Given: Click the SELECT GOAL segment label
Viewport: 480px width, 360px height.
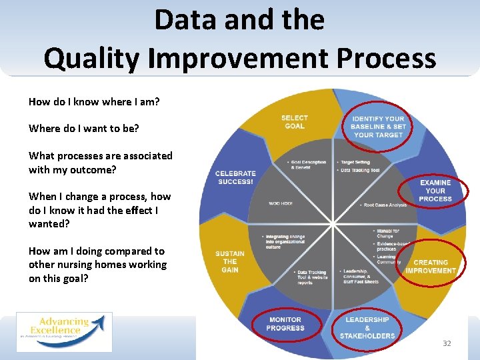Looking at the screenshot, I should [294, 122].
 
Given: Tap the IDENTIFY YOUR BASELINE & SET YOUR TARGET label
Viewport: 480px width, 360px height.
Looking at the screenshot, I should [378, 127].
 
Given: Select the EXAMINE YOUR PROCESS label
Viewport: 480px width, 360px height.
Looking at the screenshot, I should [435, 191].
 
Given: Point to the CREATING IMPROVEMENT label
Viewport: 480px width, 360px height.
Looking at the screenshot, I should [431, 267].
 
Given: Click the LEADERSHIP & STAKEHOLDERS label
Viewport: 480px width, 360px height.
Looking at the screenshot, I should [367, 327].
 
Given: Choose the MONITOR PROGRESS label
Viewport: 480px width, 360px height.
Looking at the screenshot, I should [285, 324].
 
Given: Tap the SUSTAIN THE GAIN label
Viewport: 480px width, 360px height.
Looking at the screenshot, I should [230, 261].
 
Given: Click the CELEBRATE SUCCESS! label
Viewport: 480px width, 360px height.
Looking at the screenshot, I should [235, 178].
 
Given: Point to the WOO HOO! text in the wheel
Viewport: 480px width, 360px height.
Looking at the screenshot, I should [281, 203].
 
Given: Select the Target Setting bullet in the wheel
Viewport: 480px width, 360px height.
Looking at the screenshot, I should [355, 162].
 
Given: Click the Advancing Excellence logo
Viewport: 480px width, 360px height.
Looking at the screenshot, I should [64, 331].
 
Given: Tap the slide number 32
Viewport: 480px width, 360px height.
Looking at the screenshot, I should [447, 343].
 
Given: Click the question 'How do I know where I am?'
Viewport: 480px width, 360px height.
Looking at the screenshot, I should [94, 102].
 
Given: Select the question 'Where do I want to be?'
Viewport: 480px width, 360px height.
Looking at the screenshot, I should [84, 128].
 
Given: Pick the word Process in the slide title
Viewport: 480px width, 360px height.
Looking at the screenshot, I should [386, 58].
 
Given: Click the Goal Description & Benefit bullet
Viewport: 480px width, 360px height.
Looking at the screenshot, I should [307, 165].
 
